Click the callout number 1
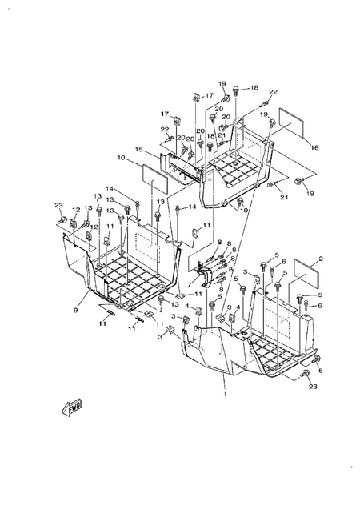225,393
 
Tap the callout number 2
320,259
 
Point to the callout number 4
186,306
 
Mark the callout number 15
138,149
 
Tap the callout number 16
314,147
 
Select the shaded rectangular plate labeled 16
287,118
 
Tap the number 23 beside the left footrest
58,206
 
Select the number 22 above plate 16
272,92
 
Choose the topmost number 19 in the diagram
222,83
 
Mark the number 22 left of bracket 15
164,129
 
